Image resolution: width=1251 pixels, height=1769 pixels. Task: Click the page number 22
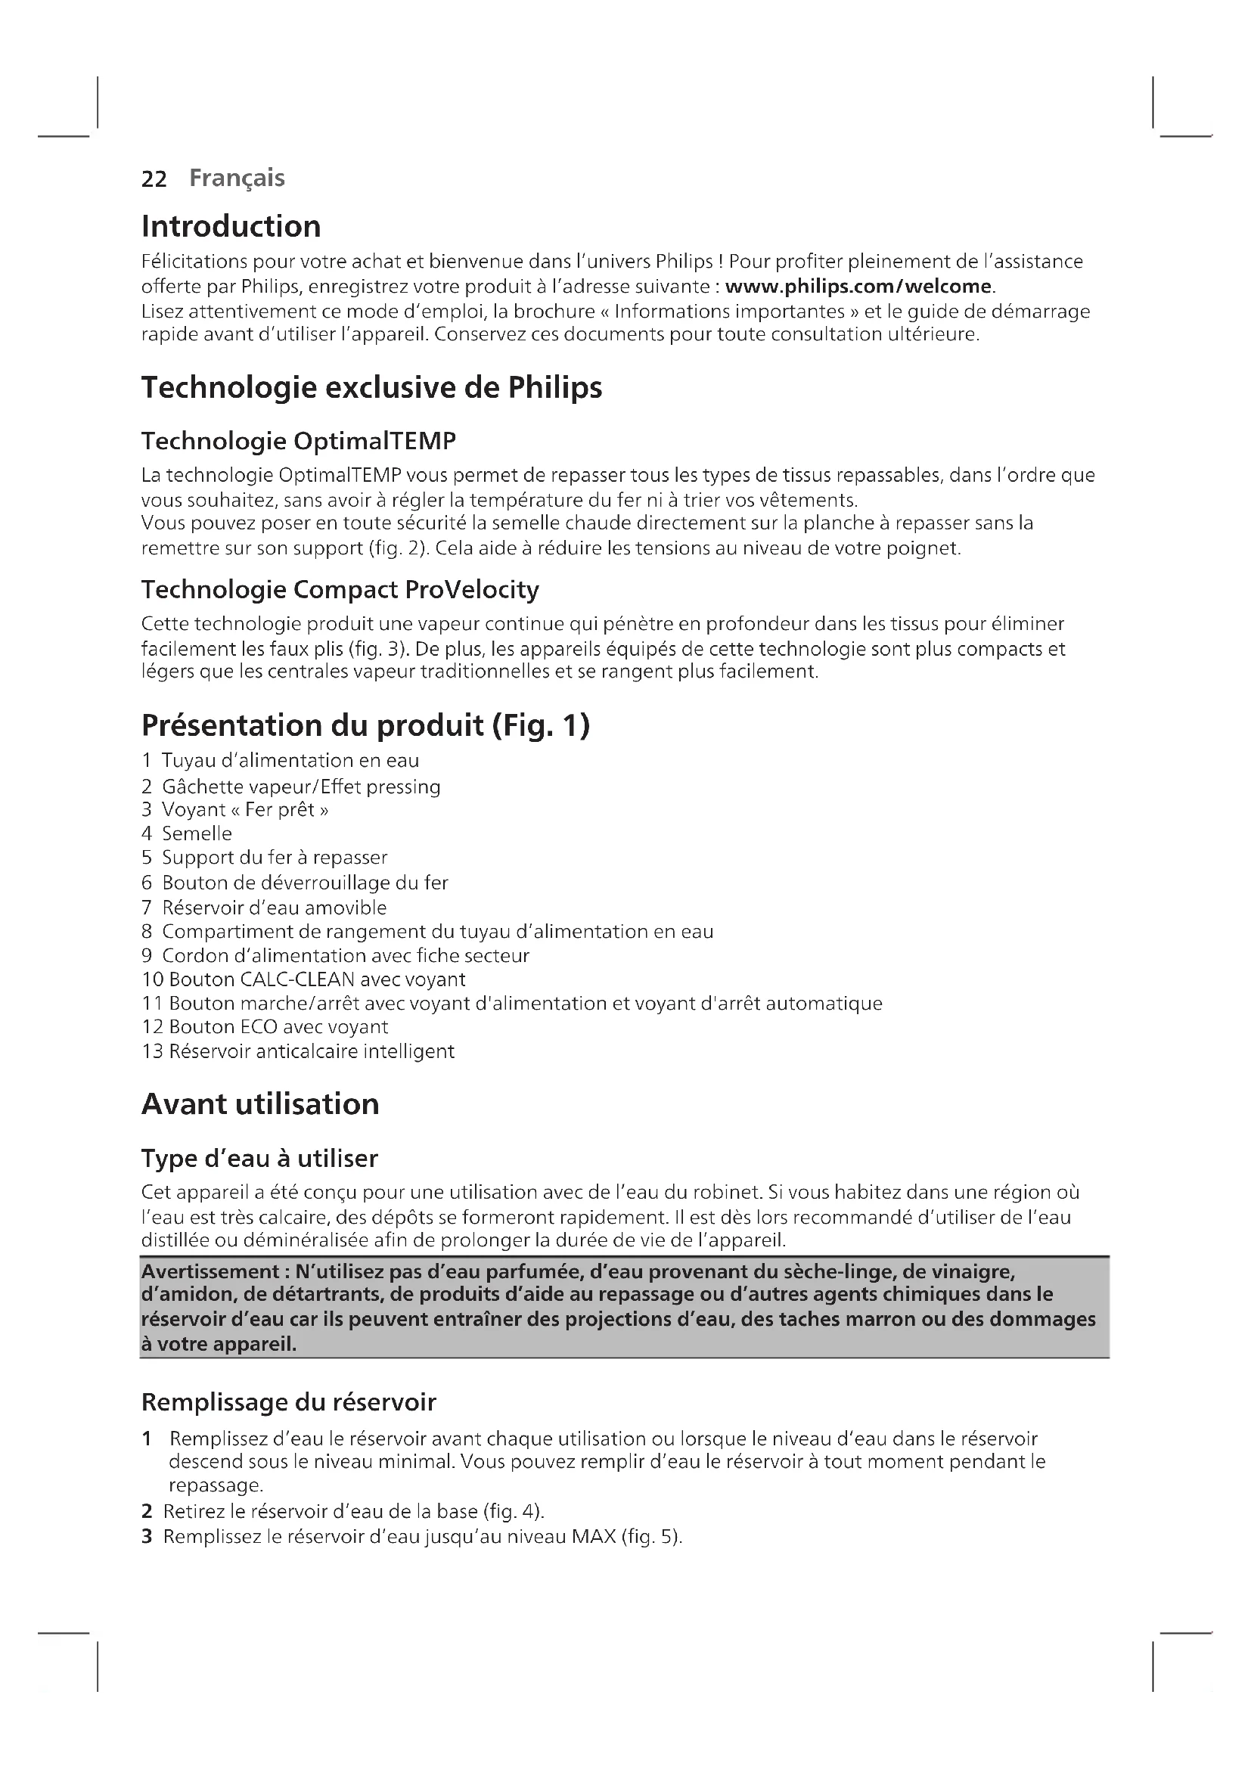(154, 178)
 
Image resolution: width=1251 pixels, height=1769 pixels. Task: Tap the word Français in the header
(237, 178)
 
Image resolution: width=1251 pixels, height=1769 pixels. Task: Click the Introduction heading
(231, 227)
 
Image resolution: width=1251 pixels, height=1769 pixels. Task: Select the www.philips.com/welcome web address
(858, 287)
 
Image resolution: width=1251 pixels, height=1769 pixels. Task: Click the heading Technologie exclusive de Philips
(371, 386)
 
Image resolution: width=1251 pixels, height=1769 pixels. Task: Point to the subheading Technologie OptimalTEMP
(298, 442)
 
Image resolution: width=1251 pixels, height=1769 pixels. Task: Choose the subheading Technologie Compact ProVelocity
(340, 589)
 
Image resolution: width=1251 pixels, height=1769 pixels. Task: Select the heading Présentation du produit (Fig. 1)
(365, 726)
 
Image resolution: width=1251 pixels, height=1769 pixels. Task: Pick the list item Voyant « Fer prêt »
(244, 810)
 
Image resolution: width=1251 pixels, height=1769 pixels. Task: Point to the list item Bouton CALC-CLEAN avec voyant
(317, 979)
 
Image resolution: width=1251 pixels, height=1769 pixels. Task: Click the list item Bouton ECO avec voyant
(278, 1027)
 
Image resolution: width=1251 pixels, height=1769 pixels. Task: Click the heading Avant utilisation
(260, 1104)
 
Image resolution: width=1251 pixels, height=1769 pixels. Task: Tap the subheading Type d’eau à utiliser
(259, 1159)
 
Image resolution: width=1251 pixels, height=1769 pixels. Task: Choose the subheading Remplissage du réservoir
(288, 1402)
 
